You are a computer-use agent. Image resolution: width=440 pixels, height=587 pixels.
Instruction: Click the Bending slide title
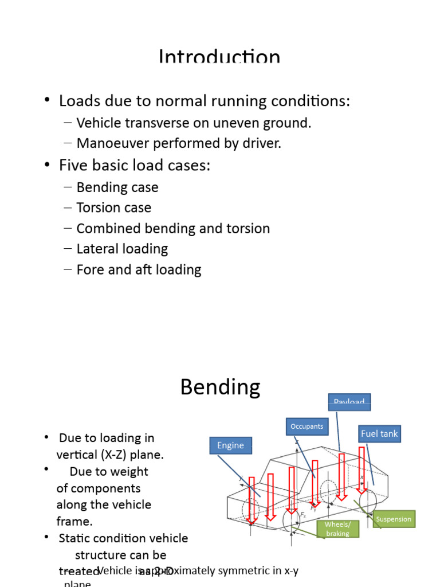(220, 388)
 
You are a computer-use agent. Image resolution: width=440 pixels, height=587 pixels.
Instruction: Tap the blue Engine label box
(230, 445)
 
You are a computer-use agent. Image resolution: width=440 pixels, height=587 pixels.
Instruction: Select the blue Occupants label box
(307, 426)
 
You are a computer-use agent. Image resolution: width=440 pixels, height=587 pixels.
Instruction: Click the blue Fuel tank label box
(379, 434)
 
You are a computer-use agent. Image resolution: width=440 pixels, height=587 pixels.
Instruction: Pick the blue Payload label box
(349, 401)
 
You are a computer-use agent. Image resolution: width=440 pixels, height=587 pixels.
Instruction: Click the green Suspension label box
(394, 519)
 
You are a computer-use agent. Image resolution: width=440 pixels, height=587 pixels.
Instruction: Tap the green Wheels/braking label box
(337, 529)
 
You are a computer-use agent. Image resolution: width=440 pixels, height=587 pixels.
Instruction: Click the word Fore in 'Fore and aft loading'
(89, 269)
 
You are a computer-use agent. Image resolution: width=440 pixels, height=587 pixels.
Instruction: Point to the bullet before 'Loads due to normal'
(47, 101)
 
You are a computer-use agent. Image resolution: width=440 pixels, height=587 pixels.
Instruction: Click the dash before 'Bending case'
(68, 187)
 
